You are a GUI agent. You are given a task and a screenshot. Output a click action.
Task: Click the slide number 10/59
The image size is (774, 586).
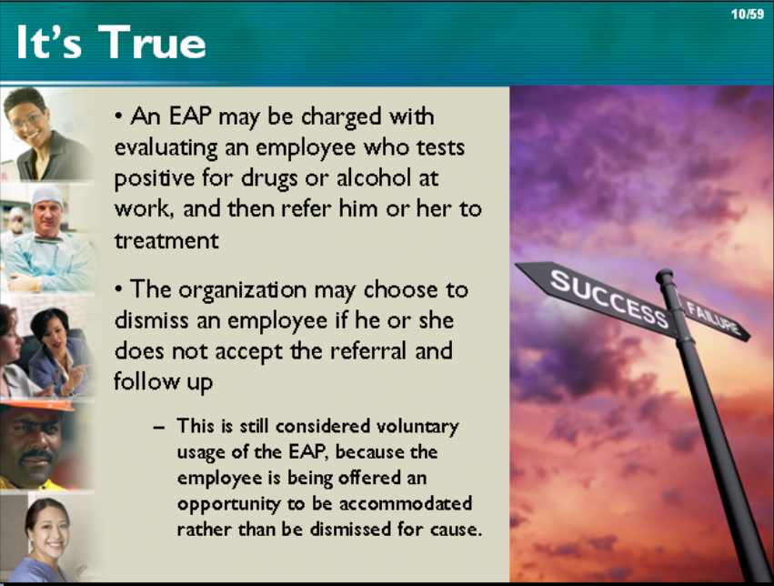point(748,14)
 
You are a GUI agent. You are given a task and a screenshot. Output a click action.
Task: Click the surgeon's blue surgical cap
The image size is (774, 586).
point(47,197)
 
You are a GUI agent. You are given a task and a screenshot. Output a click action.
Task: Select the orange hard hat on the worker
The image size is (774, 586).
point(37,405)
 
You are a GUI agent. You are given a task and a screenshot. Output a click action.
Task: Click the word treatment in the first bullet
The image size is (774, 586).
point(166,240)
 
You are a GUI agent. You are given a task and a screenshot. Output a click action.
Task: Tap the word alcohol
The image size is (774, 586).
point(373,177)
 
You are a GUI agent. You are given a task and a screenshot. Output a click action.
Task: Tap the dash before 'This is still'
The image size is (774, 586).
point(158,427)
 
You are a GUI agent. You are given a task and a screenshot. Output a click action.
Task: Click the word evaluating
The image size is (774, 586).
point(166,148)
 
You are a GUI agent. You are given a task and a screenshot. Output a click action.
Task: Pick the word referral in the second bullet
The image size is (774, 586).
point(370,350)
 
